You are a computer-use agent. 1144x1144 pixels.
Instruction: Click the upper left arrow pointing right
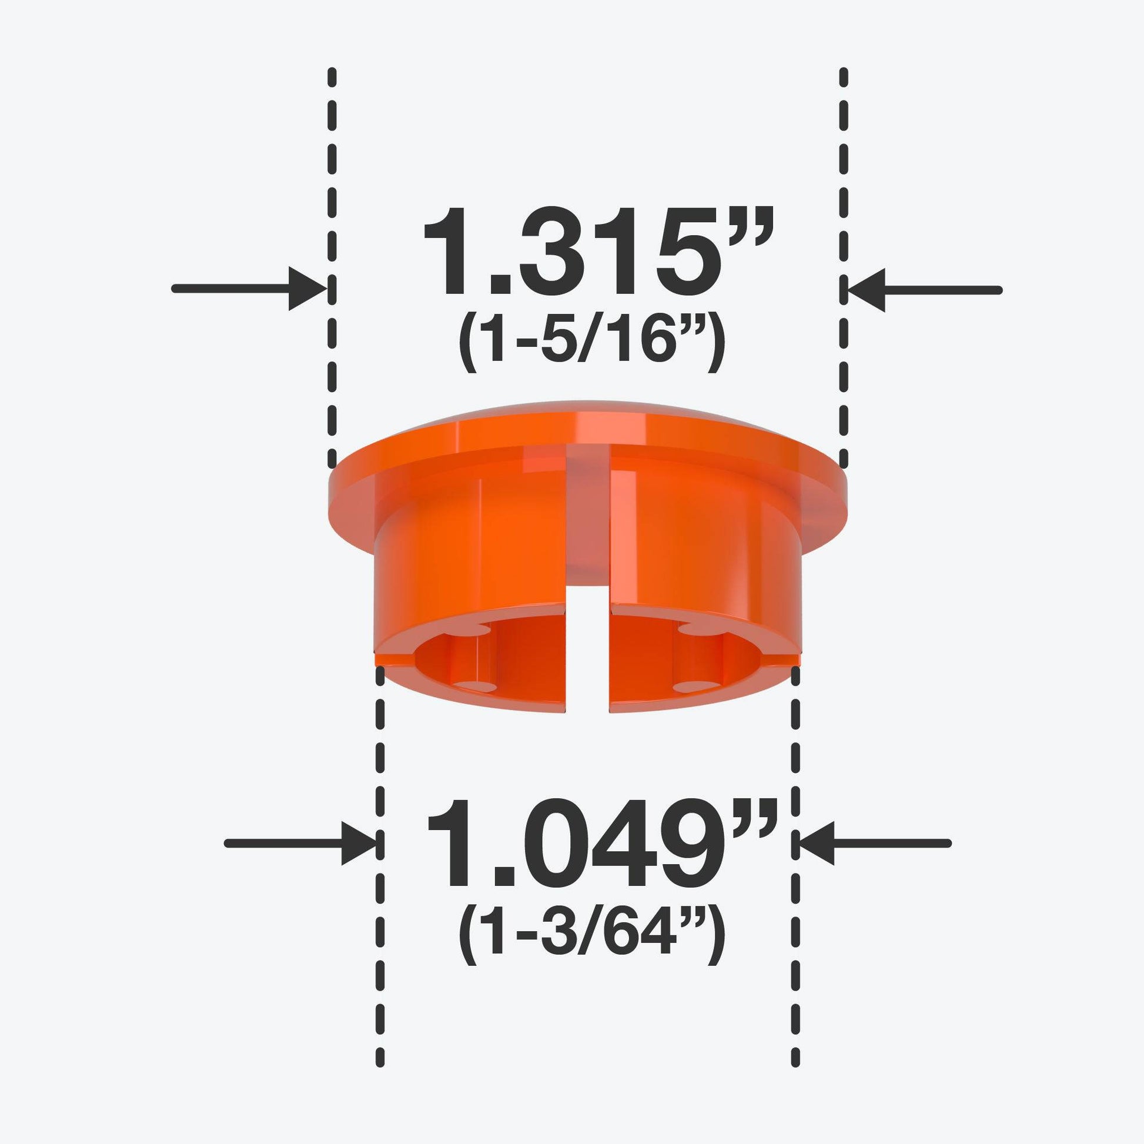pyautogui.click(x=248, y=289)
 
